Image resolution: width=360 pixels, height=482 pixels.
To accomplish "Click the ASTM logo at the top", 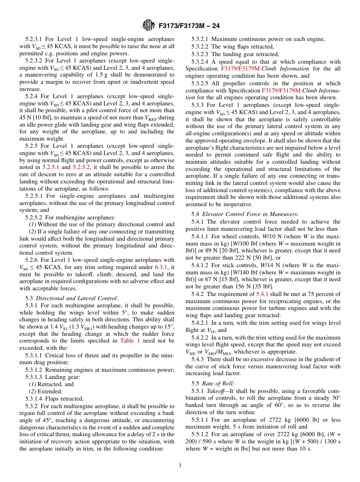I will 148,26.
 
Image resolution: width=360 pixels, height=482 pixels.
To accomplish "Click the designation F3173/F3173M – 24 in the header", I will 189,26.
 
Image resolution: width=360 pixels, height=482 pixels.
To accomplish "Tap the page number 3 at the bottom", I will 180,465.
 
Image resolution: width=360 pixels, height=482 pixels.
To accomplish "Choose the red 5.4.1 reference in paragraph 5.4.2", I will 262,294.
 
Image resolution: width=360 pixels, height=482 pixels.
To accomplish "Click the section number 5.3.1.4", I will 35,399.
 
